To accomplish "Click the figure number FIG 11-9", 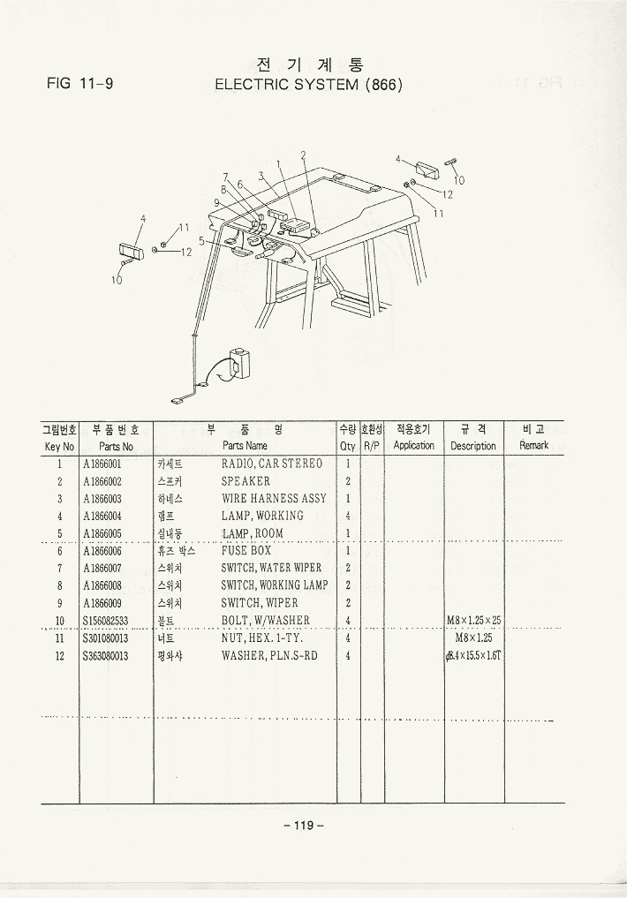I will [x=79, y=85].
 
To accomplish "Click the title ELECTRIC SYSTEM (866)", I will [x=308, y=85].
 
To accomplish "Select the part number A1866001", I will [x=102, y=464].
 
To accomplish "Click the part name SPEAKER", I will [x=246, y=481].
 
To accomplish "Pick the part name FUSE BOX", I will [x=246, y=550].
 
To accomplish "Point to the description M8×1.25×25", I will [x=473, y=620].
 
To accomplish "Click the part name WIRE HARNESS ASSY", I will [x=274, y=498].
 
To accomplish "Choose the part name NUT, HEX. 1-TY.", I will [x=262, y=638].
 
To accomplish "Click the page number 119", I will [x=304, y=826].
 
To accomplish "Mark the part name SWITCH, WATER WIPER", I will [x=271, y=568].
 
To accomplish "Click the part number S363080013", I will [x=106, y=655].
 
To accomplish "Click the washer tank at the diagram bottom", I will [x=239, y=363].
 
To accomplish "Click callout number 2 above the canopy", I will [x=303, y=155].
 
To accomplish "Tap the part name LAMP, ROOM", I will [x=253, y=533].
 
